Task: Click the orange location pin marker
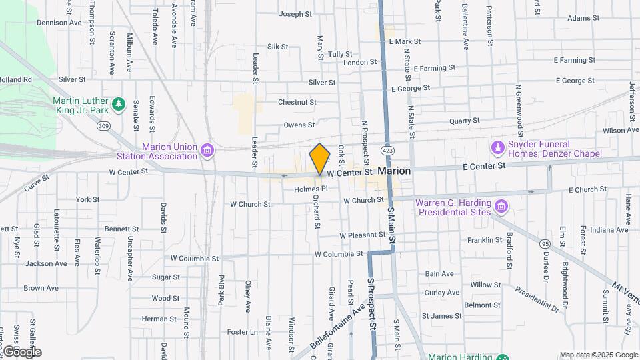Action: click(x=320, y=159)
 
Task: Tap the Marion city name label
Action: click(x=394, y=171)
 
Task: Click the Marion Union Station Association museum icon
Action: click(x=208, y=150)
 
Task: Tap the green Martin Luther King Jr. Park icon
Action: click(x=119, y=104)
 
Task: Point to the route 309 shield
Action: click(x=103, y=125)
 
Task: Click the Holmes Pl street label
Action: click(x=311, y=189)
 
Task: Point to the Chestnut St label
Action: click(x=297, y=103)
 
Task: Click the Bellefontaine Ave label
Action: click(x=338, y=323)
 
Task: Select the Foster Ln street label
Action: click(x=242, y=332)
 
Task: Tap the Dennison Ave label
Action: click(x=59, y=23)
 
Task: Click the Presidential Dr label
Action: click(x=536, y=299)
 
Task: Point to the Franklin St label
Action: click(x=484, y=240)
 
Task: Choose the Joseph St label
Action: click(x=295, y=14)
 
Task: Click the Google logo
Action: click(x=21, y=351)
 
